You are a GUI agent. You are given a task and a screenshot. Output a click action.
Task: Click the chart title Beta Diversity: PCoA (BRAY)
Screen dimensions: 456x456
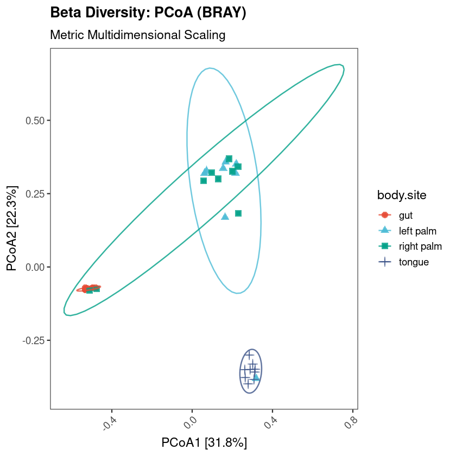pyautogui.click(x=148, y=13)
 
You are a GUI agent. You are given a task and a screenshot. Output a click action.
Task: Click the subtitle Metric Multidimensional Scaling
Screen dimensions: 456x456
pyautogui.click(x=137, y=35)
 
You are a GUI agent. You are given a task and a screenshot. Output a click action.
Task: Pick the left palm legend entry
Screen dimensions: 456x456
pyautogui.click(x=416, y=231)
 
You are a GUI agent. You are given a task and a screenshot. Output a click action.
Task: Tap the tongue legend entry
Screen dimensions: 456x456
pyautogui.click(x=414, y=262)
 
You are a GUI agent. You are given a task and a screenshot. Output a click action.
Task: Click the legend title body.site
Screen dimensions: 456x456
pyautogui.click(x=401, y=195)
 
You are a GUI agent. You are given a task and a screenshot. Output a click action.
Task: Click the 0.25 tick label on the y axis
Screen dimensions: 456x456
pyautogui.click(x=35, y=194)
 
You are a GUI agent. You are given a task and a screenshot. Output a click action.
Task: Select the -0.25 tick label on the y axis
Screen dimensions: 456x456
pyautogui.click(x=34, y=340)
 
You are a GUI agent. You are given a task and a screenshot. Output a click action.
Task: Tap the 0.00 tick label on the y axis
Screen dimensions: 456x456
pyautogui.click(x=35, y=267)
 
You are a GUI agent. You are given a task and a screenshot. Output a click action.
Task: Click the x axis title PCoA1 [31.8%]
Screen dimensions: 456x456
pyautogui.click(x=204, y=442)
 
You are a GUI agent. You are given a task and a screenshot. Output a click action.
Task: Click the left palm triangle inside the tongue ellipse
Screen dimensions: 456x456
pyautogui.click(x=256, y=376)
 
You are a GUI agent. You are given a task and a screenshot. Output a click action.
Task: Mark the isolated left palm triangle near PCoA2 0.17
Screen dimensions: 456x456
pyautogui.click(x=225, y=216)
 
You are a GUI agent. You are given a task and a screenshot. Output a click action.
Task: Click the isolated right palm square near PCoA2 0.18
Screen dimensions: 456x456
pyautogui.click(x=238, y=213)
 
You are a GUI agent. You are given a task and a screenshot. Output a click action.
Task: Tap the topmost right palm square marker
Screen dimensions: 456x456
pyautogui.click(x=229, y=159)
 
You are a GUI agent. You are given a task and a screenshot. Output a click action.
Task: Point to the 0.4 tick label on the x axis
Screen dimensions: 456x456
pyautogui.click(x=270, y=422)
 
